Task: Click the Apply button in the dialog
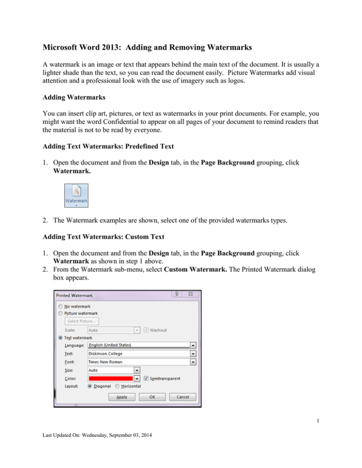click(x=122, y=396)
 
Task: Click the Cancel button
click(x=182, y=396)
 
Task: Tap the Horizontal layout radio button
click(x=117, y=386)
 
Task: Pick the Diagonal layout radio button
click(x=90, y=386)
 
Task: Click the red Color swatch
click(x=110, y=378)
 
